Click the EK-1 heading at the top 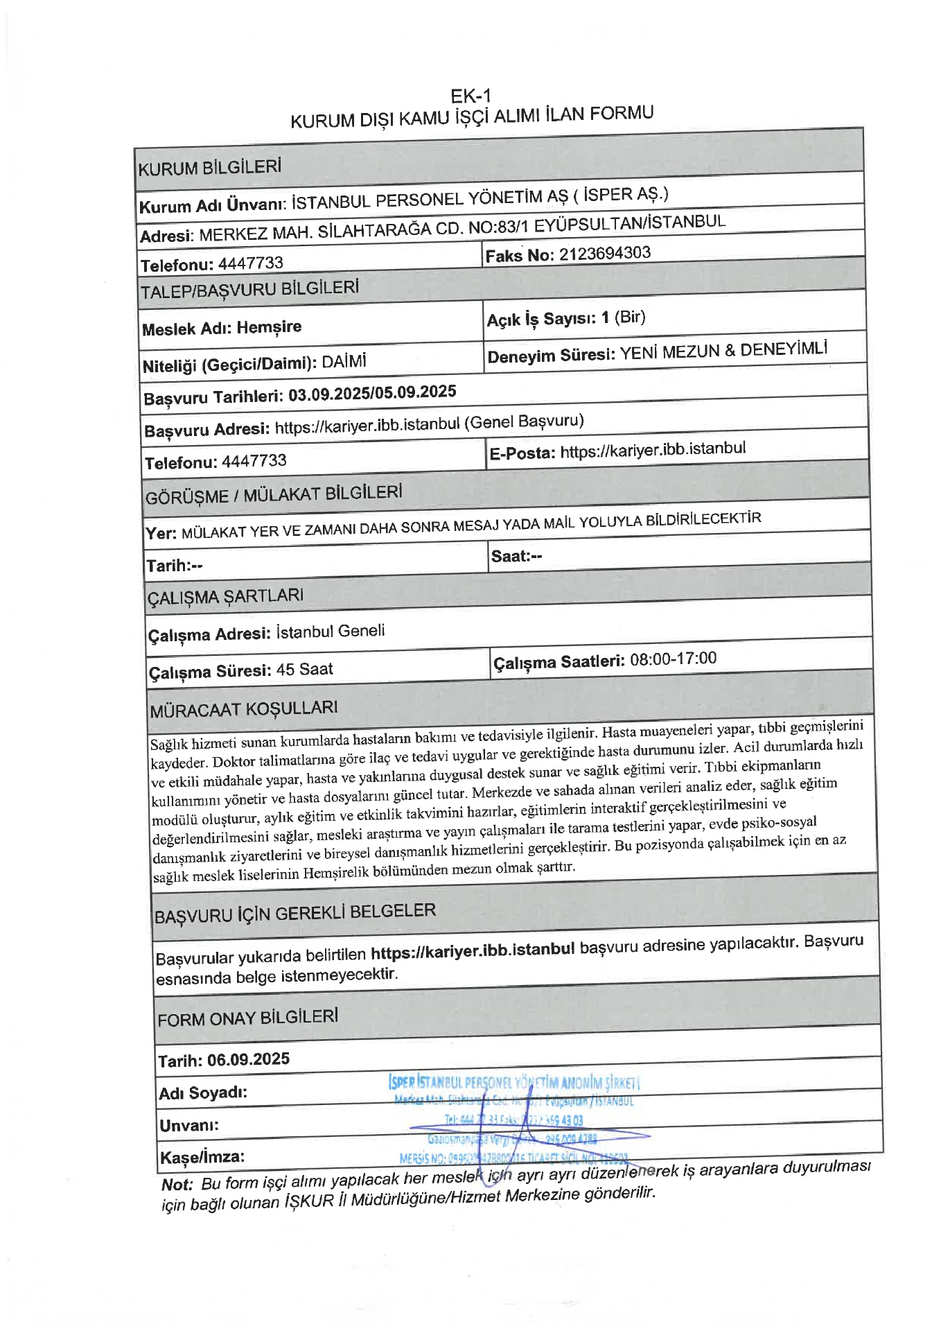click(470, 96)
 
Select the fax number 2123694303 click(605, 254)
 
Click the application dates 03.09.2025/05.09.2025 click(372, 393)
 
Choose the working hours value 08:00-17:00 click(673, 659)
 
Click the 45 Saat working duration click(304, 670)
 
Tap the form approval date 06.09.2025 click(248, 1059)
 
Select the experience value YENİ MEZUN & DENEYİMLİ click(723, 351)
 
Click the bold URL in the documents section click(473, 950)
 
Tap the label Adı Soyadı click(202, 1093)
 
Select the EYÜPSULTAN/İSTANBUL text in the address click(630, 223)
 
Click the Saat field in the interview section click(516, 556)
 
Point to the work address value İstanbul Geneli click(330, 632)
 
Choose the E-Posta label click(522, 453)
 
